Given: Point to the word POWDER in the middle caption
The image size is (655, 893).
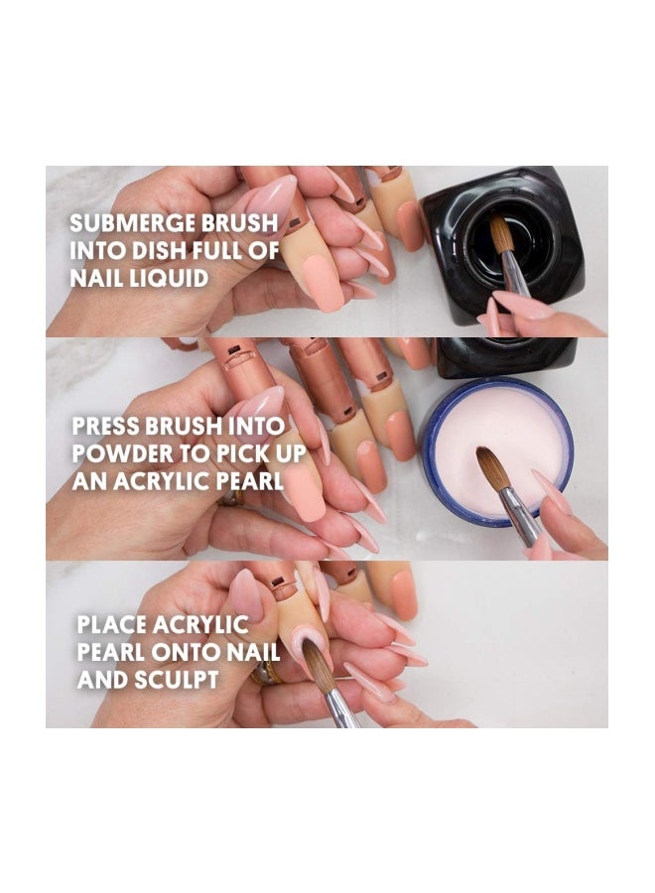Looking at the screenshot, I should (x=125, y=455).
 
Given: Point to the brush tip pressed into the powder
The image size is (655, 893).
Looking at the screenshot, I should (x=492, y=465).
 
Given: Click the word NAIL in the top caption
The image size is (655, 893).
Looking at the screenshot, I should (x=97, y=278).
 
